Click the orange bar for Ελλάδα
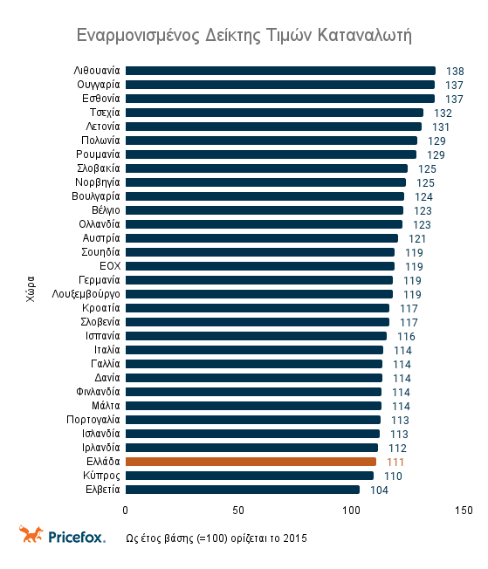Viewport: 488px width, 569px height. click(x=251, y=462)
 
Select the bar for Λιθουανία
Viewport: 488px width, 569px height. click(x=280, y=71)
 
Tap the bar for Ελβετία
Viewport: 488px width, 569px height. click(x=243, y=490)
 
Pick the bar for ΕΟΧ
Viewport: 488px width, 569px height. click(x=260, y=266)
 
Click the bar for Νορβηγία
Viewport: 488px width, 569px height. click(x=265, y=182)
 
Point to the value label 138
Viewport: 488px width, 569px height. click(x=455, y=71)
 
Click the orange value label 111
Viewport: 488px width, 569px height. click(x=395, y=462)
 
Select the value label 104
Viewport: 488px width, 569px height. click(x=379, y=490)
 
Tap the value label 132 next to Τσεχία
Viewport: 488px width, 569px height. click(x=443, y=113)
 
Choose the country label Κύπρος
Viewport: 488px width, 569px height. click(x=103, y=476)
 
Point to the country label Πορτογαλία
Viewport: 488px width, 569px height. click(x=93, y=420)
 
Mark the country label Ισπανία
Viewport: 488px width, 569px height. click(x=102, y=336)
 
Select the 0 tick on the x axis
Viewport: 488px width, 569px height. click(x=126, y=510)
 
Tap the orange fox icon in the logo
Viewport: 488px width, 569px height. click(x=31, y=534)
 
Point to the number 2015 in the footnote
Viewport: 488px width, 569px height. click(x=294, y=537)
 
